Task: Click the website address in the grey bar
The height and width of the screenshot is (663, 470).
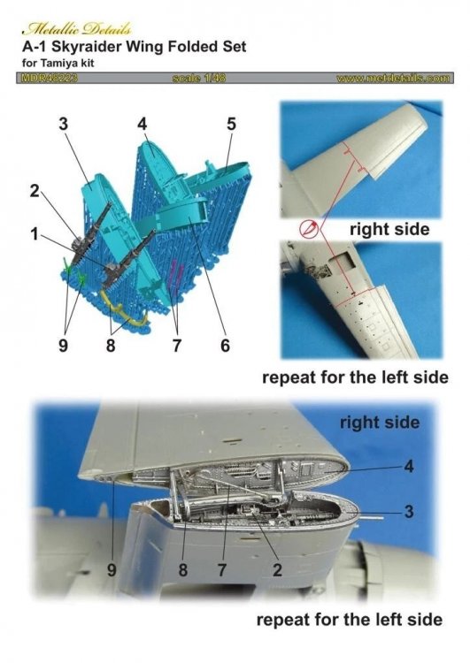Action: click(393, 79)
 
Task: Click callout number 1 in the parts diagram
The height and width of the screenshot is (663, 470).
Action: click(33, 236)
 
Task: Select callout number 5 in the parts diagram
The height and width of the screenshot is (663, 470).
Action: click(231, 125)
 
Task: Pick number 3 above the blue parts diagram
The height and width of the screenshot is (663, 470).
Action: click(64, 126)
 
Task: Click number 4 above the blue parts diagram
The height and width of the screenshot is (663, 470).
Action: click(141, 125)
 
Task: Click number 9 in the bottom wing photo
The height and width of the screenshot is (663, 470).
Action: click(112, 571)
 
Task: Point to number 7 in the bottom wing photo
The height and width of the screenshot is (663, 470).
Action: click(221, 571)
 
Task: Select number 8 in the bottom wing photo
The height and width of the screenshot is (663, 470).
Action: click(182, 571)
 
